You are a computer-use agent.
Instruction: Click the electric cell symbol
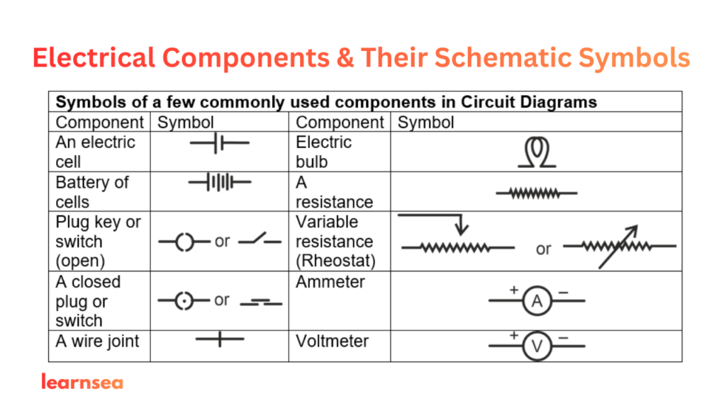(x=220, y=142)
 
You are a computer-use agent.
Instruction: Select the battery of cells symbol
(x=220, y=183)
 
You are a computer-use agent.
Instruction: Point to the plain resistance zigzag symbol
(x=537, y=193)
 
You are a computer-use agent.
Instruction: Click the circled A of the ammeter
(x=537, y=302)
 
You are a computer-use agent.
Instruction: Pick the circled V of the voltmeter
(x=537, y=346)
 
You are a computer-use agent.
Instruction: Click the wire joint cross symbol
(x=220, y=340)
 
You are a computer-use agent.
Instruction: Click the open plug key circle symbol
(x=184, y=242)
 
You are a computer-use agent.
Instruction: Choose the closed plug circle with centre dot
(x=184, y=302)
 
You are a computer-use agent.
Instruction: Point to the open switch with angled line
(x=260, y=241)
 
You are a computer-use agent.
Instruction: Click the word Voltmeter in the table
(x=332, y=341)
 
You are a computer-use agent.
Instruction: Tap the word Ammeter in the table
(x=330, y=282)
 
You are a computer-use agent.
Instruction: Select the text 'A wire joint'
(x=97, y=341)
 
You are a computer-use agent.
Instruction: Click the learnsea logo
(x=82, y=382)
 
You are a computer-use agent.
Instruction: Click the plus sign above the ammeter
(x=513, y=290)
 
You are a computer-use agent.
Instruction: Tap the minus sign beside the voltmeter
(x=563, y=337)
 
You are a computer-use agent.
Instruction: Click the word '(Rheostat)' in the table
(x=335, y=261)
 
